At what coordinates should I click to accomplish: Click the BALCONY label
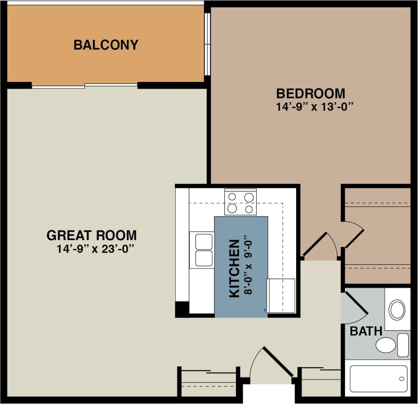click(106, 45)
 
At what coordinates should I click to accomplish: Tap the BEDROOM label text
click(311, 93)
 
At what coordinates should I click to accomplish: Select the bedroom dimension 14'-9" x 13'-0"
click(314, 106)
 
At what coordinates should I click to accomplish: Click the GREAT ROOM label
click(92, 235)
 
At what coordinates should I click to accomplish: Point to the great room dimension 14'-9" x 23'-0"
click(95, 249)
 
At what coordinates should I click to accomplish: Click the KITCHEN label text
click(234, 268)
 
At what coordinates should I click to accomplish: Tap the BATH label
click(366, 331)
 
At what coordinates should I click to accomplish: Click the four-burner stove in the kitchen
click(240, 203)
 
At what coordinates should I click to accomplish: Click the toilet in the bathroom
click(386, 345)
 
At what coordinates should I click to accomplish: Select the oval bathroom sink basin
click(397, 310)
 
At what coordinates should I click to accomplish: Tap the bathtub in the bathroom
click(379, 378)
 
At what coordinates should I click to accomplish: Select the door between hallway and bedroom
click(315, 244)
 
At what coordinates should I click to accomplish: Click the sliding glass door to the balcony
click(84, 85)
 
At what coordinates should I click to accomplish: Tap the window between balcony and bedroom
click(207, 44)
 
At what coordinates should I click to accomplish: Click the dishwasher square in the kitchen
click(281, 296)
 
